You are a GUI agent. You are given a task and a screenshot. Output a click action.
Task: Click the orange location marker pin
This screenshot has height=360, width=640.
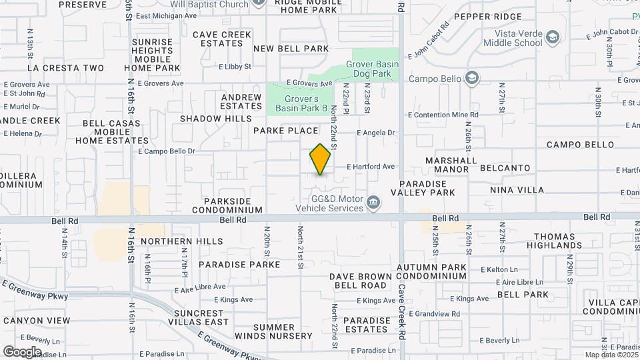click(321, 159)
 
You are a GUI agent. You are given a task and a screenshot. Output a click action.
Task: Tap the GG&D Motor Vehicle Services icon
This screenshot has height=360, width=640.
click(373, 201)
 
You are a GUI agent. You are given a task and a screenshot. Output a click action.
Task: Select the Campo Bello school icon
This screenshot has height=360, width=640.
click(472, 79)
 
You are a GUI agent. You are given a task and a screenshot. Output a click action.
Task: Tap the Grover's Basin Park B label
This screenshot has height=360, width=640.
click(302, 103)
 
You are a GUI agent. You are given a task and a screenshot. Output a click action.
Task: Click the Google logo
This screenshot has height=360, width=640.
click(21, 351)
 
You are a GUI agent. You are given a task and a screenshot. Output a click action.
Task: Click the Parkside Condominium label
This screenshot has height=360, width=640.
click(233, 205)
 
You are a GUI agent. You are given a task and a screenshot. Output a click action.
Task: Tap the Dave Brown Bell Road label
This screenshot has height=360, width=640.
click(361, 280)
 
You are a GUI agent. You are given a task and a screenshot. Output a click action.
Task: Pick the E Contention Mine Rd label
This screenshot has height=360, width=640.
click(443, 115)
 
